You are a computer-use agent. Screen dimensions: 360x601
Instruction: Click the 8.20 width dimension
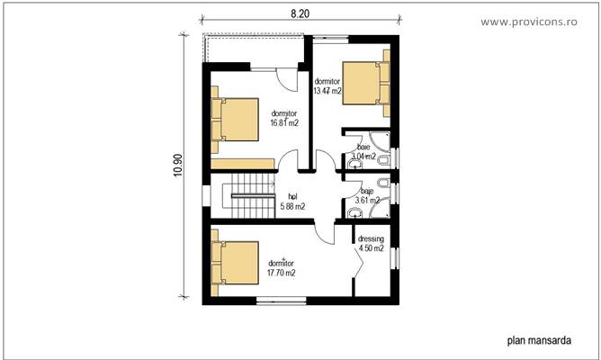[x=300, y=15]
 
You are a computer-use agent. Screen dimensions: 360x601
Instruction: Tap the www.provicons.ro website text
[x=539, y=21]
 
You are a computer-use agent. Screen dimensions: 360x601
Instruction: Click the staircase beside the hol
[x=252, y=199]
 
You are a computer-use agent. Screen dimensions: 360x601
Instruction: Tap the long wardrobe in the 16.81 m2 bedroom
[x=243, y=163]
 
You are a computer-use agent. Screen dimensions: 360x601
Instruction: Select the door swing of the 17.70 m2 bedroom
[x=322, y=231]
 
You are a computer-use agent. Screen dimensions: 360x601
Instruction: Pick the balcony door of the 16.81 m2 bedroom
[x=285, y=79]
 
